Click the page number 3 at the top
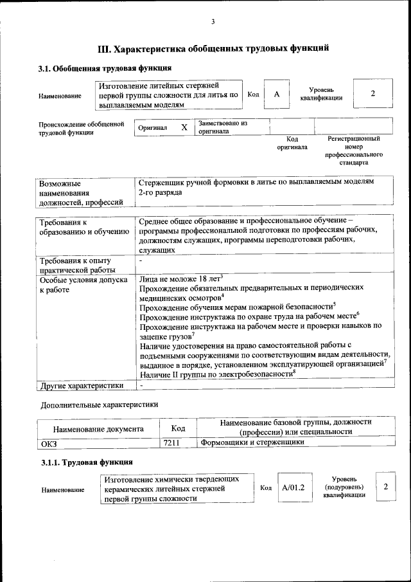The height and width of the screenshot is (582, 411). click(x=213, y=23)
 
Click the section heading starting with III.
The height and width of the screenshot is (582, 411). click(x=213, y=48)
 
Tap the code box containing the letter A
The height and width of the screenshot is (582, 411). click(x=277, y=95)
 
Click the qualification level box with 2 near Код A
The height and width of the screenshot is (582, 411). click(x=372, y=94)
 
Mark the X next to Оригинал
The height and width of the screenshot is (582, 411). click(x=184, y=127)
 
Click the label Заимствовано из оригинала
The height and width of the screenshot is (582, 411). click(x=223, y=127)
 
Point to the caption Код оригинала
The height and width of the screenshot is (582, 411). click(x=292, y=143)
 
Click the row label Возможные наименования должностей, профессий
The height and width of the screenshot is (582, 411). click(x=80, y=192)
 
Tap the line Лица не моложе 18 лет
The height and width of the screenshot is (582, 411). click(x=180, y=279)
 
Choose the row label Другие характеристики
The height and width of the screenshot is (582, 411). click(x=81, y=386)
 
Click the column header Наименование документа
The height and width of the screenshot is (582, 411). click(x=98, y=428)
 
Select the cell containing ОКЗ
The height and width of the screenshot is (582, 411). click(x=49, y=442)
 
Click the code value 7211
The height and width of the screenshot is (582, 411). click(x=171, y=442)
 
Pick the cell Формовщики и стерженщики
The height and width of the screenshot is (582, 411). click(x=252, y=442)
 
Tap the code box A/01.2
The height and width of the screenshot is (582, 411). click(x=293, y=488)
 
